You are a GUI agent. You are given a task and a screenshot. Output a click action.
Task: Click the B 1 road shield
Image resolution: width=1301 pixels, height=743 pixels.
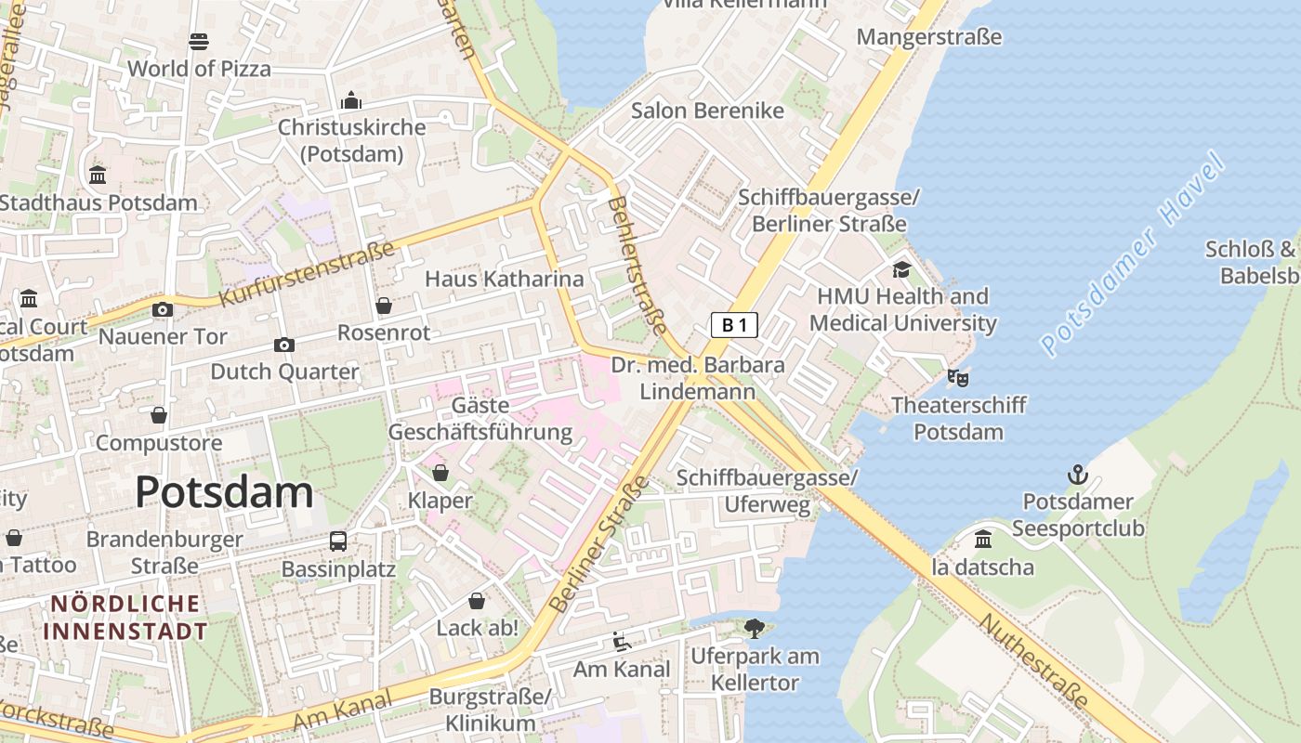pyautogui.click(x=734, y=325)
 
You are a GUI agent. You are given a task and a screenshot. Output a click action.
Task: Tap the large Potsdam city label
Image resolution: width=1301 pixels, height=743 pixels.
pyautogui.click(x=224, y=492)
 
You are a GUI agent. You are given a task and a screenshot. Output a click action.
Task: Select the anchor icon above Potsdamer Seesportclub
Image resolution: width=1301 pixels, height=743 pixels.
pyautogui.click(x=1077, y=476)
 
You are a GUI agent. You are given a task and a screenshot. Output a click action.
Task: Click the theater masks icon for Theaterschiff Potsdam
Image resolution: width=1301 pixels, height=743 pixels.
pyautogui.click(x=958, y=378)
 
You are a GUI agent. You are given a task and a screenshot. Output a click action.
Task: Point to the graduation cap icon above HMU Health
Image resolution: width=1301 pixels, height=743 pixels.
pyautogui.click(x=901, y=269)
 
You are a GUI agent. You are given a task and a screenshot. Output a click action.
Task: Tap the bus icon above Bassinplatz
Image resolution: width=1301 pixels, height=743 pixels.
pyautogui.click(x=338, y=541)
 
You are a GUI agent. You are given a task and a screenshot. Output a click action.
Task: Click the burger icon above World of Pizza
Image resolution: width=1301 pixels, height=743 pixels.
pyautogui.click(x=199, y=41)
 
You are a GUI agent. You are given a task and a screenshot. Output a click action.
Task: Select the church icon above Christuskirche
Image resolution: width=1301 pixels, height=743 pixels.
pyautogui.click(x=351, y=100)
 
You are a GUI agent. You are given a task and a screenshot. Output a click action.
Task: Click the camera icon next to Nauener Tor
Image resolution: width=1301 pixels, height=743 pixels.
pyautogui.click(x=163, y=309)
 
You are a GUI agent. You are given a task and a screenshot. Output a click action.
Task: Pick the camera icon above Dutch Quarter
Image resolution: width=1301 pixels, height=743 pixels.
pyautogui.click(x=284, y=345)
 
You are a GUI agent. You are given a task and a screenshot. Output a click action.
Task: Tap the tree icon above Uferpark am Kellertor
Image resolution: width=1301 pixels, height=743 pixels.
pyautogui.click(x=755, y=629)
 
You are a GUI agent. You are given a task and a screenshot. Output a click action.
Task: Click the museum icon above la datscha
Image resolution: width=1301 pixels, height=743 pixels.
pyautogui.click(x=983, y=540)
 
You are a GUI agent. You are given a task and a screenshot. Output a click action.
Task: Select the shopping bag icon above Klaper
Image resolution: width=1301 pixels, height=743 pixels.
pyautogui.click(x=440, y=474)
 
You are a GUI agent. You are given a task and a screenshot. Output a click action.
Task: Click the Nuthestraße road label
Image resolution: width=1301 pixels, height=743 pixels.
pyautogui.click(x=1033, y=661)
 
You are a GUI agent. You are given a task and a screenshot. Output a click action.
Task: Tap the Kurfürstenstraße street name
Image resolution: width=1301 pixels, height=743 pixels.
pyautogui.click(x=307, y=274)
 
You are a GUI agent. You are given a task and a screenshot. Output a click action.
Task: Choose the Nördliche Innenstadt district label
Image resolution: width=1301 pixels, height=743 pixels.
pyautogui.click(x=125, y=618)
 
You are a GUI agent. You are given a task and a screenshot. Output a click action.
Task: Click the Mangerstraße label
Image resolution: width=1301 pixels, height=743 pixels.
pyautogui.click(x=928, y=37)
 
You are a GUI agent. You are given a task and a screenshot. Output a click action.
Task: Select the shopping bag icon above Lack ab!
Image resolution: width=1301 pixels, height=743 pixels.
pyautogui.click(x=477, y=601)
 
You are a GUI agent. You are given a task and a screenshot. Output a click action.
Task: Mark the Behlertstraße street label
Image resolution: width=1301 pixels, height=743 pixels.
pyautogui.click(x=637, y=265)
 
